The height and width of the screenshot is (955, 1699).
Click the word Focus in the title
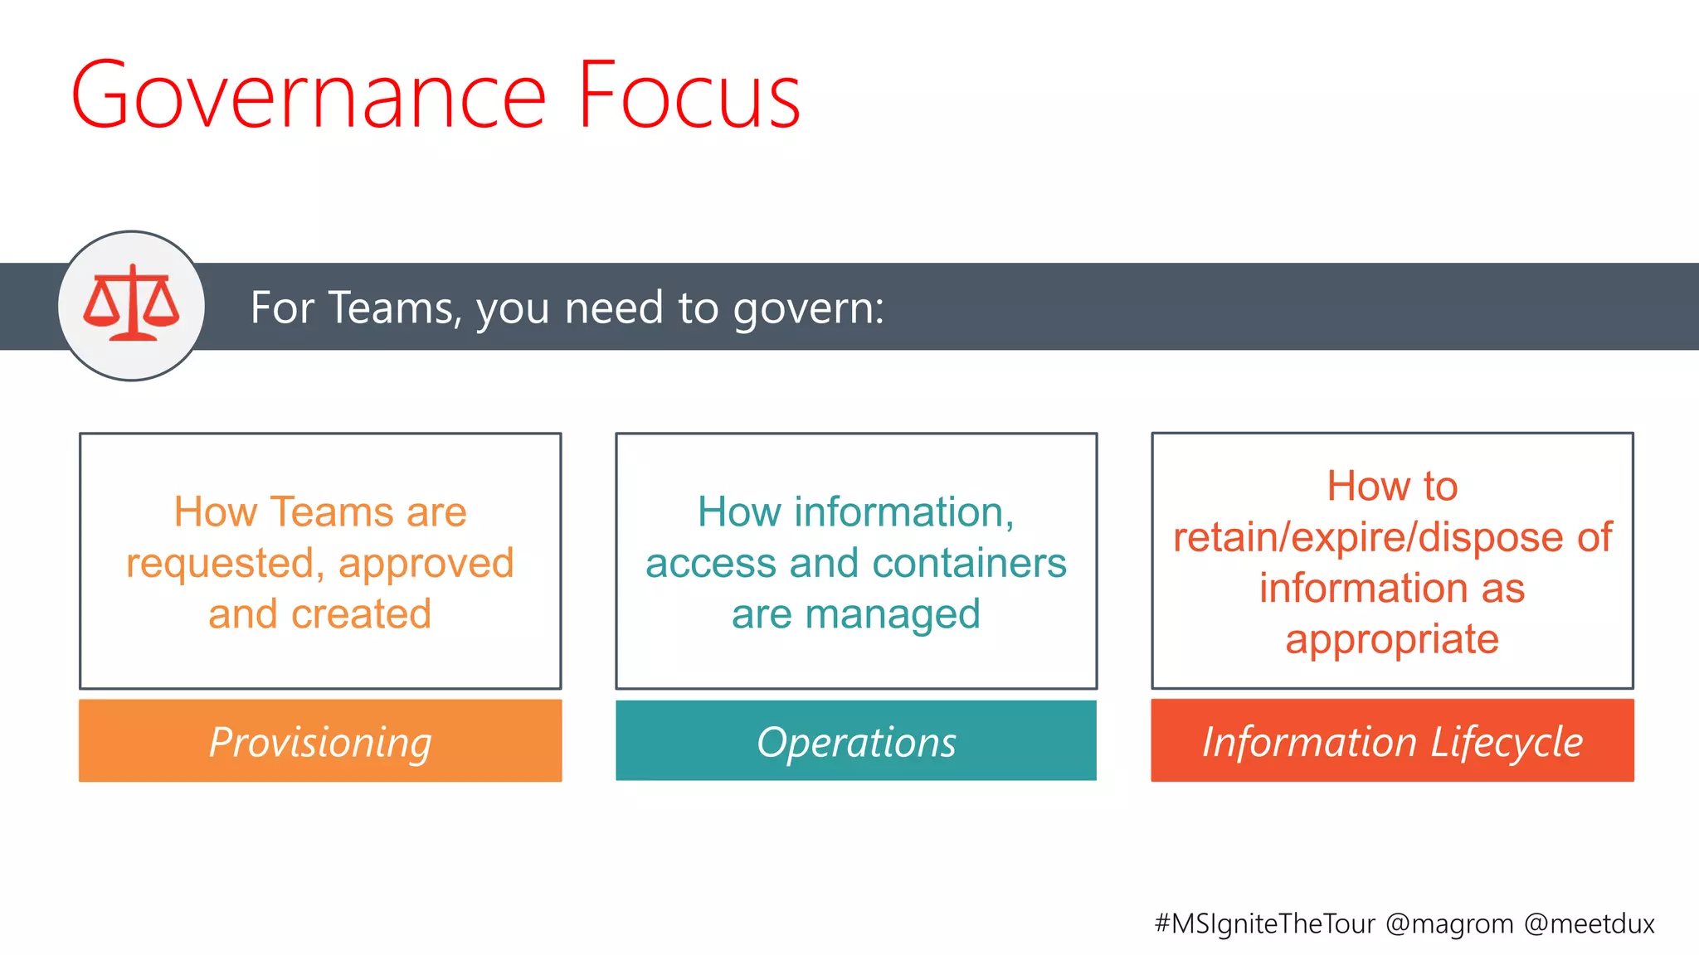tap(689, 95)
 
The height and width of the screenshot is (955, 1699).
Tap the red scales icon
tap(131, 305)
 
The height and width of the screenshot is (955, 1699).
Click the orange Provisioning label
tap(320, 741)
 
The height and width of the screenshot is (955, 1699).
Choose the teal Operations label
tap(856, 741)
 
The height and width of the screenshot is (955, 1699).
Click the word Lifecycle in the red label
tap(1506, 741)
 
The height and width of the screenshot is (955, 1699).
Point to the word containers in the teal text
tap(969, 564)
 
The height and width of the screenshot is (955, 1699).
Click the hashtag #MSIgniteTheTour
tap(1264, 923)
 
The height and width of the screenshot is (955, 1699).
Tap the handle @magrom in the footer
tap(1448, 923)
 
